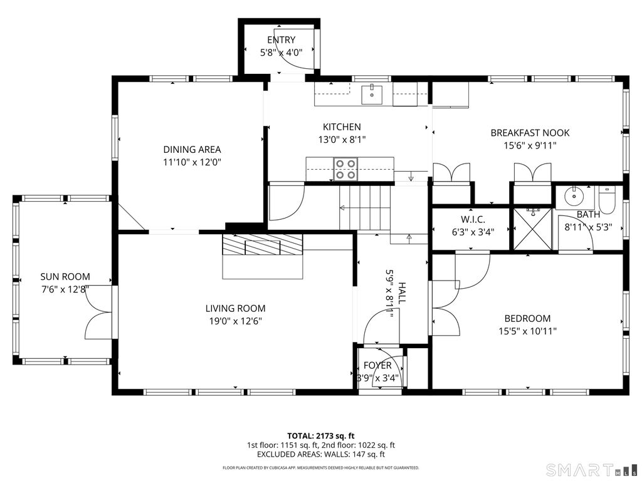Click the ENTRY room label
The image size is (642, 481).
282,39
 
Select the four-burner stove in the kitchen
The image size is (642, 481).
345,169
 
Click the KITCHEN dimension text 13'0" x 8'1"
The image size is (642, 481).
342,140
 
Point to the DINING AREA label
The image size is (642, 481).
192,149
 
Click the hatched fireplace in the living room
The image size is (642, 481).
263,244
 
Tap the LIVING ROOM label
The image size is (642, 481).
236,308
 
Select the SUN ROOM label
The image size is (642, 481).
65,276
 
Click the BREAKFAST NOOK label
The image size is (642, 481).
530,133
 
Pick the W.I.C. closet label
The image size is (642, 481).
473,220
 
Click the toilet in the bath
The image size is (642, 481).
607,199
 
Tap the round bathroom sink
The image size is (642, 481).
574,197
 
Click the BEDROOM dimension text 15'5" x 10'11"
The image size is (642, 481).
527,331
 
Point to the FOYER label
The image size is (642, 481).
377,365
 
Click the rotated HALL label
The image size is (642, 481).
403,292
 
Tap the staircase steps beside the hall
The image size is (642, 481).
364,208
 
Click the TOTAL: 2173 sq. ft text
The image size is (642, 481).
320,436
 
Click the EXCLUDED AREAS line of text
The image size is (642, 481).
320,455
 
